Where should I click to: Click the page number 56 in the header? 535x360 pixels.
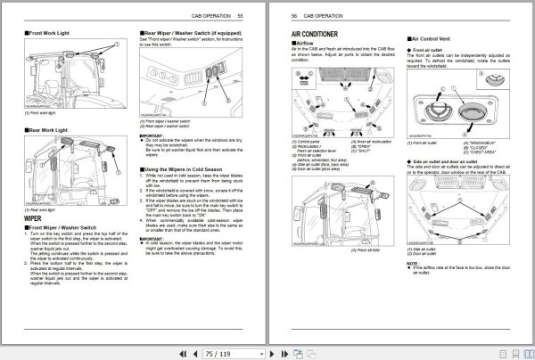coord(294,16)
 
